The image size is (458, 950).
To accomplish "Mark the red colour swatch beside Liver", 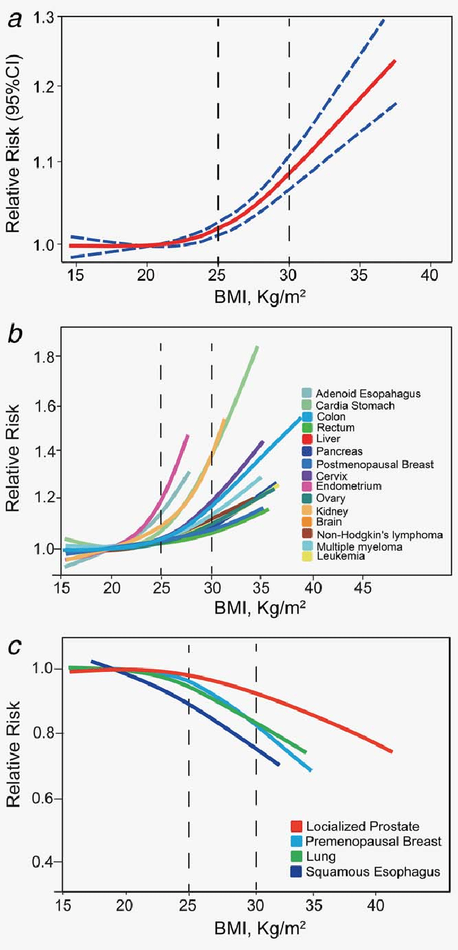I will (306, 439).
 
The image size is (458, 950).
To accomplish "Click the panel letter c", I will (14, 647).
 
